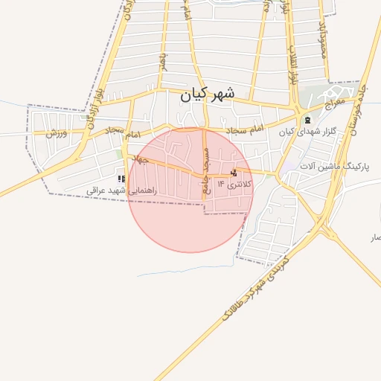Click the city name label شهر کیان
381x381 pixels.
(x=208, y=95)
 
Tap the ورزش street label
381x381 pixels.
(x=56, y=133)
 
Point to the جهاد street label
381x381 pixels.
(x=139, y=161)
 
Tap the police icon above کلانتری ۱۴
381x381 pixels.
(x=234, y=173)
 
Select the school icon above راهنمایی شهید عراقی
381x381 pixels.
(x=121, y=179)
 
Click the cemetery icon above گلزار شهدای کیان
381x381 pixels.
(x=306, y=120)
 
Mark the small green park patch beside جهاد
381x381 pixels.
(x=124, y=154)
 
